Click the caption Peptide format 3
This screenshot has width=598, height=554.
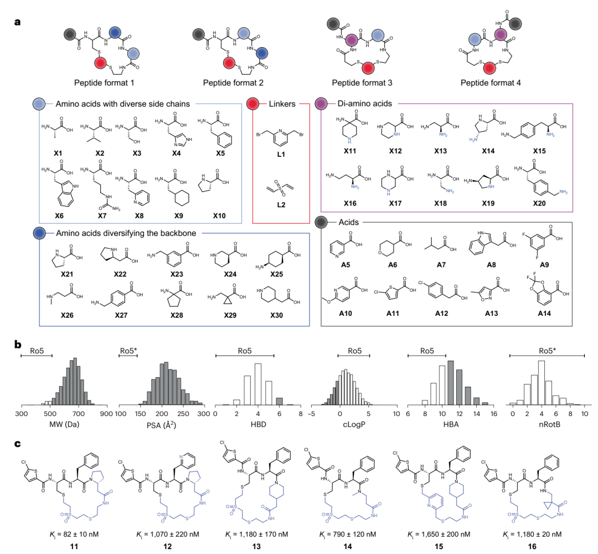point(362,83)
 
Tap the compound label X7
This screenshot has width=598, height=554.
point(102,216)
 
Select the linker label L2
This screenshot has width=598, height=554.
point(281,205)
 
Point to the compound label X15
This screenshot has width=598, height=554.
point(539,151)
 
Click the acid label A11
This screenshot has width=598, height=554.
point(393,313)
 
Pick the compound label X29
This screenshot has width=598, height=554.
point(230,315)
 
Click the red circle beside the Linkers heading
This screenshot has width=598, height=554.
point(253,104)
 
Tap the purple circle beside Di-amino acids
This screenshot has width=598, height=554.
point(321,104)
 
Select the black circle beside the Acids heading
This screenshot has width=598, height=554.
point(321,222)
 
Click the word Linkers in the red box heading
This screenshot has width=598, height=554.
point(282,104)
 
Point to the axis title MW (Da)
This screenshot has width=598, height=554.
point(64,424)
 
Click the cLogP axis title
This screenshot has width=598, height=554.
point(354,424)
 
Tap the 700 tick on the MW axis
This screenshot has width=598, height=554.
point(78,414)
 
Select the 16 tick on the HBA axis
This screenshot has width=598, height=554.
point(494,414)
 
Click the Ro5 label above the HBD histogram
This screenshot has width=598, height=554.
point(245,351)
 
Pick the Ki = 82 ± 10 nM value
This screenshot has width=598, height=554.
point(74,534)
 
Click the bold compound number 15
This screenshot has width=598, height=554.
point(439,546)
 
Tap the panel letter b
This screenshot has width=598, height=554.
point(18,344)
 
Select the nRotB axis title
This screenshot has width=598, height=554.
point(550,424)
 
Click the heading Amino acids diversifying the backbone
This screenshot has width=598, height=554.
point(126,233)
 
